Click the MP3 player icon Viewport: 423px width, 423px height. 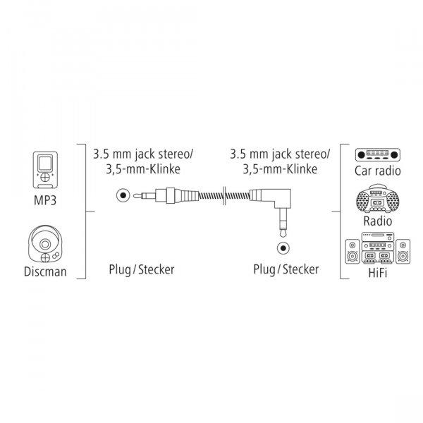click(x=45, y=170)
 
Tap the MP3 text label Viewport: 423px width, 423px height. click(x=45, y=200)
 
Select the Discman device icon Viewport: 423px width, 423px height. click(x=45, y=244)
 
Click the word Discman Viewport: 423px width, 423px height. click(x=45, y=271)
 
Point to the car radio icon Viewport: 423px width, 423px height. click(x=377, y=155)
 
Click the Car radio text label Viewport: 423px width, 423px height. click(x=377, y=171)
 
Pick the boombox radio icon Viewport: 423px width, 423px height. click(x=377, y=199)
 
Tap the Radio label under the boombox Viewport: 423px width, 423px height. click(x=377, y=221)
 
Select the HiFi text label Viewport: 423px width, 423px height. click(x=377, y=272)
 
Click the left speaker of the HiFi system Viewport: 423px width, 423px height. click(x=352, y=252)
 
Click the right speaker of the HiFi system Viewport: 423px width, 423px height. click(x=403, y=252)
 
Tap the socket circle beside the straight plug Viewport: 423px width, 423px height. click(x=123, y=195)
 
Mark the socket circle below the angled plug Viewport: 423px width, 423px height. click(x=283, y=247)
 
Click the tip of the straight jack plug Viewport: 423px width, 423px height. click(x=134, y=195)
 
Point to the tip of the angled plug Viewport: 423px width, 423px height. click(x=283, y=235)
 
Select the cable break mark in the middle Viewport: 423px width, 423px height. click(x=224, y=195)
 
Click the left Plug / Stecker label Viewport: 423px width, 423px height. click(x=142, y=269)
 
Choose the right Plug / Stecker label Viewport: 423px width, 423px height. click(x=286, y=269)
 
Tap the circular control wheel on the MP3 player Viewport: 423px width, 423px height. click(x=45, y=178)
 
